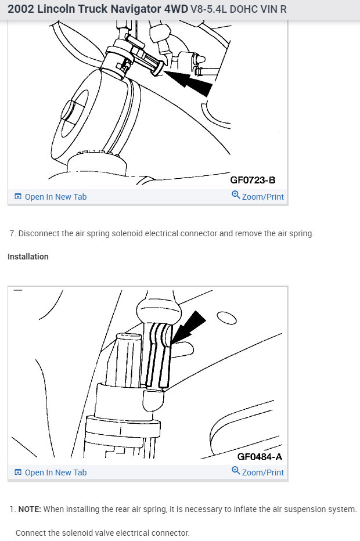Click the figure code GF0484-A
[260, 456]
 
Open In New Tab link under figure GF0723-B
[55, 197]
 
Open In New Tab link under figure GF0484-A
[55, 473]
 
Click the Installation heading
[28, 257]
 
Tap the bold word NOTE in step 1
[29, 509]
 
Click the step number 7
[12, 233]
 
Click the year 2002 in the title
[22, 10]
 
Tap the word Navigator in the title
[129, 10]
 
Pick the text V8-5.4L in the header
[207, 10]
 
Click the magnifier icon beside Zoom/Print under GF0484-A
[236, 471]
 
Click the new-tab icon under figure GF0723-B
[17, 197]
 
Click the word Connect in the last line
[31, 532]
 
